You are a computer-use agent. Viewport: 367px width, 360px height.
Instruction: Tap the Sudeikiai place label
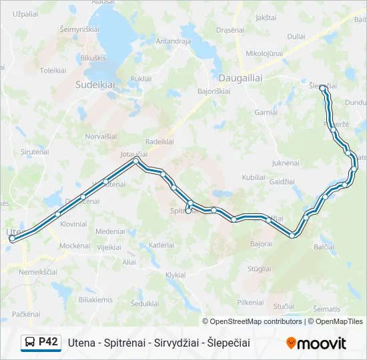click(95, 85)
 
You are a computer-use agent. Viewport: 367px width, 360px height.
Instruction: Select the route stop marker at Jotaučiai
click(136, 161)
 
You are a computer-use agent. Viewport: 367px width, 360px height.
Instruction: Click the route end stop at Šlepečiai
click(323, 87)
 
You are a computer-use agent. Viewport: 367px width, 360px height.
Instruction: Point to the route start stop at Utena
click(12, 238)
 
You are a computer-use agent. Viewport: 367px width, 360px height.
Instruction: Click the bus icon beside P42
click(29, 343)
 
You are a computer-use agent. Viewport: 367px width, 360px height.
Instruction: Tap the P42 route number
click(48, 342)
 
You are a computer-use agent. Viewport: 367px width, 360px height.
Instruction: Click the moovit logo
click(316, 343)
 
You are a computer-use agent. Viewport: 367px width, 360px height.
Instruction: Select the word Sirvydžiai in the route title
click(175, 343)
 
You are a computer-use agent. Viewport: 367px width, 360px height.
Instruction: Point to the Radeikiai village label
click(159, 141)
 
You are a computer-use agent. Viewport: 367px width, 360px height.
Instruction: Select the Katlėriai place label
click(161, 245)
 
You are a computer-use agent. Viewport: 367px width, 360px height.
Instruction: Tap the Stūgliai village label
click(259, 269)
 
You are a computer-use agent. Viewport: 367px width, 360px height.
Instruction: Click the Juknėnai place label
click(286, 163)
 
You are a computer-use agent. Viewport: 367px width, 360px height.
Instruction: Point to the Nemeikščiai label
click(39, 272)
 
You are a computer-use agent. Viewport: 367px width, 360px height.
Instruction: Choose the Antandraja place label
click(173, 41)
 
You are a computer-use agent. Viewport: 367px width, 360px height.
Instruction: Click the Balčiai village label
click(324, 247)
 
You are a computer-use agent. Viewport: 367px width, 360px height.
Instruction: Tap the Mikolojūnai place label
click(264, 53)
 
